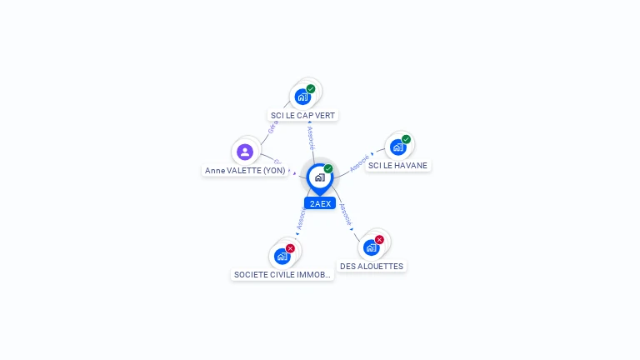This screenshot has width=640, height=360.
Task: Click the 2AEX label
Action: [320, 203]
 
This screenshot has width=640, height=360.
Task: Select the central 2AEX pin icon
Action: [319, 177]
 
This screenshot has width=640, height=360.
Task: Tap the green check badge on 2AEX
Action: [328, 169]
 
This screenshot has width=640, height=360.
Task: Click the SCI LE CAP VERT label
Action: [304, 115]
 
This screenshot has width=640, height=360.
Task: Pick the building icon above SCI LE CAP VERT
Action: [302, 97]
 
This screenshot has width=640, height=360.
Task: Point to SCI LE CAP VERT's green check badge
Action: [311, 89]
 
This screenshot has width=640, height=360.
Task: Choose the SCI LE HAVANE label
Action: [397, 165]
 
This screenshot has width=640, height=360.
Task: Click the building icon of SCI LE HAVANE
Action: [397, 147]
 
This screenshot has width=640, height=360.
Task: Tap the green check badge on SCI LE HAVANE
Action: [406, 139]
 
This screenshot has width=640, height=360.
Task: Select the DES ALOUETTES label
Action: [372, 266]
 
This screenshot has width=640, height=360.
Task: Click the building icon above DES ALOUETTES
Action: [371, 247]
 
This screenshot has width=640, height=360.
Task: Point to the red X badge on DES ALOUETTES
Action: [379, 240]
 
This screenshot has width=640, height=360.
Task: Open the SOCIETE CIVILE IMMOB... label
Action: [283, 274]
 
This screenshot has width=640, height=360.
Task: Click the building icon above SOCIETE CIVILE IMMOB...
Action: [282, 257]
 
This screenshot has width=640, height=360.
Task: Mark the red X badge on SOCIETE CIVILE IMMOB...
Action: [290, 248]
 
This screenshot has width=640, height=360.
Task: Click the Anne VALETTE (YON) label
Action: [245, 170]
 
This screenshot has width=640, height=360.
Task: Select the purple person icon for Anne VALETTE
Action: [244, 152]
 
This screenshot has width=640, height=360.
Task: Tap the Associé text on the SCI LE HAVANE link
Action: [359, 162]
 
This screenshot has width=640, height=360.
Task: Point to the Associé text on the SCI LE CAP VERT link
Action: [311, 137]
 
